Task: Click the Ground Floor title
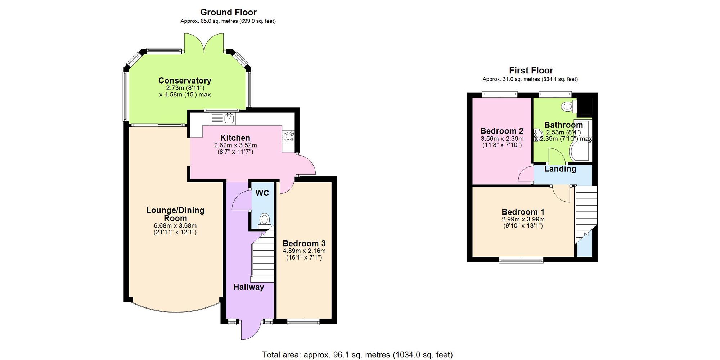click(x=228, y=12)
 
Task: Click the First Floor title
click(x=531, y=71)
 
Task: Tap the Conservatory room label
click(x=185, y=81)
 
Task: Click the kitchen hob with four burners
click(x=289, y=136)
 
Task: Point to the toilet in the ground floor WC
click(x=265, y=219)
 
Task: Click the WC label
click(x=262, y=193)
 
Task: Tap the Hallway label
click(x=248, y=287)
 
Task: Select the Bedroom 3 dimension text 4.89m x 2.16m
click(x=304, y=251)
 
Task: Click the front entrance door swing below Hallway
click(x=250, y=329)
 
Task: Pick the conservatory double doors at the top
click(x=204, y=43)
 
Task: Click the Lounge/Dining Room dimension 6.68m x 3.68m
click(x=175, y=226)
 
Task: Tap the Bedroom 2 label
click(x=502, y=131)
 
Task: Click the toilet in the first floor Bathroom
click(x=567, y=107)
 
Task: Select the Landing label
click(x=560, y=169)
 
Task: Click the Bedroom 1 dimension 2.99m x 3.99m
click(x=523, y=219)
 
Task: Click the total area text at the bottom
click(x=357, y=355)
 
